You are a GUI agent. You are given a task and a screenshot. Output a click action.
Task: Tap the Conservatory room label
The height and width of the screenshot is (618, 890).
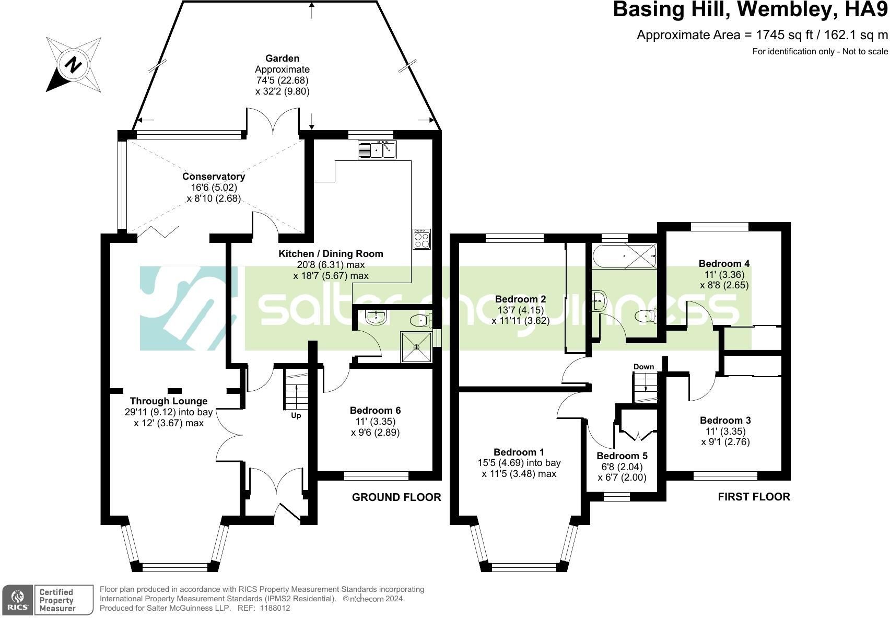pos(214,177)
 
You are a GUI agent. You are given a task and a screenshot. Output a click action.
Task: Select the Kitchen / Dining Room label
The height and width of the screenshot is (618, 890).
pos(331,253)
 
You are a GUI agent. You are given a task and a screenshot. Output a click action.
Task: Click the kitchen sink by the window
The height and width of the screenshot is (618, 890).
pos(377,149)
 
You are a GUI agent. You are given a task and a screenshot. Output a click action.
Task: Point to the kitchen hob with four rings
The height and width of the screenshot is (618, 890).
pos(421,239)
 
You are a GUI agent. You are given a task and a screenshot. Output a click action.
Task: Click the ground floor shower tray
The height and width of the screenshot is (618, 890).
pos(416,347)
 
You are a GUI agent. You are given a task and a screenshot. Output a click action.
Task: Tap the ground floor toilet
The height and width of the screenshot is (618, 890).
pos(421,320)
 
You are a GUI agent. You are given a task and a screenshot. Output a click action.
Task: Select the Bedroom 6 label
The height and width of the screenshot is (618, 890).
pos(375,410)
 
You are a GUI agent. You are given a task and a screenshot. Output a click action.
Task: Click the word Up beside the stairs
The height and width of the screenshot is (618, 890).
pos(296,416)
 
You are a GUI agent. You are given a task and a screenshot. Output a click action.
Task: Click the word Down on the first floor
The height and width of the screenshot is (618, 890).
pos(643,366)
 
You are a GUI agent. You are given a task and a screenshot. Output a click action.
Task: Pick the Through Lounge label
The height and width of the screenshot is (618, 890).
pos(169,401)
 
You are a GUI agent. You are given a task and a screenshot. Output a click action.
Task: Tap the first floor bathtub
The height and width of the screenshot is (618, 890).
pos(624,256)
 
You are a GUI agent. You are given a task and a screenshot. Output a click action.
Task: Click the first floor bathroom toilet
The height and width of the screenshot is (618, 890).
pos(645,317)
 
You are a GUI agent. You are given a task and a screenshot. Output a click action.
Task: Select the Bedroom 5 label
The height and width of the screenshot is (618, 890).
pos(622,456)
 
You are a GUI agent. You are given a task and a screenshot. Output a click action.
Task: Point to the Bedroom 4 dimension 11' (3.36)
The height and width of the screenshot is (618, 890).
pos(725,274)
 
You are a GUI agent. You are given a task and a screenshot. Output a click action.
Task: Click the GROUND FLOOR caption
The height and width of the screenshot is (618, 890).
pos(396,497)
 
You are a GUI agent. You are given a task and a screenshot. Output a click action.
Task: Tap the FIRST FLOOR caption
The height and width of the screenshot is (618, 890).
pos(754,497)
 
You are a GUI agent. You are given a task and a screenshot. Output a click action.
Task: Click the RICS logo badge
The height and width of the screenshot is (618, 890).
pos(18,600)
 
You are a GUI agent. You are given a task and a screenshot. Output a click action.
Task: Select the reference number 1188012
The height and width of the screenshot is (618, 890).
pos(275,608)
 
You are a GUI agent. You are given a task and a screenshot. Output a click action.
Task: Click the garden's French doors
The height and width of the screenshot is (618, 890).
pos(273,121)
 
